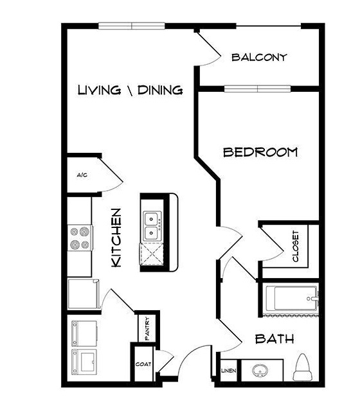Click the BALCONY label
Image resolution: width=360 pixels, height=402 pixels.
point(259,57)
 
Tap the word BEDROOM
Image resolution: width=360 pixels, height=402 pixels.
point(260,152)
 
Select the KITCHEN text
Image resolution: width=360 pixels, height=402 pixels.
point(116,238)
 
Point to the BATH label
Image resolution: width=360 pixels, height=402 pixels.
point(274,339)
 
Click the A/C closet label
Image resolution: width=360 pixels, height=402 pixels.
point(82,175)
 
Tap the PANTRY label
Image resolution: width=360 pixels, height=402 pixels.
point(147,329)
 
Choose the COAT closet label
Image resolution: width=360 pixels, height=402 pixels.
point(143,364)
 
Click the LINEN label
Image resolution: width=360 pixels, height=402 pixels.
point(229,371)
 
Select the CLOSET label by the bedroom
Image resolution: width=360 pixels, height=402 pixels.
point(296,247)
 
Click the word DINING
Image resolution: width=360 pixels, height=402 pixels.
point(160,91)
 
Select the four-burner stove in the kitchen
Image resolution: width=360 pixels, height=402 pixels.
point(80,238)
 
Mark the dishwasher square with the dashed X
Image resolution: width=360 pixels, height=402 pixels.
point(152,254)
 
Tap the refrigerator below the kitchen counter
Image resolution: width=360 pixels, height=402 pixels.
point(84,294)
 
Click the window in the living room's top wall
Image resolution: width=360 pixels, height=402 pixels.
point(132,26)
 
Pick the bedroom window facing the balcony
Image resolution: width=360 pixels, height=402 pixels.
point(257,89)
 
